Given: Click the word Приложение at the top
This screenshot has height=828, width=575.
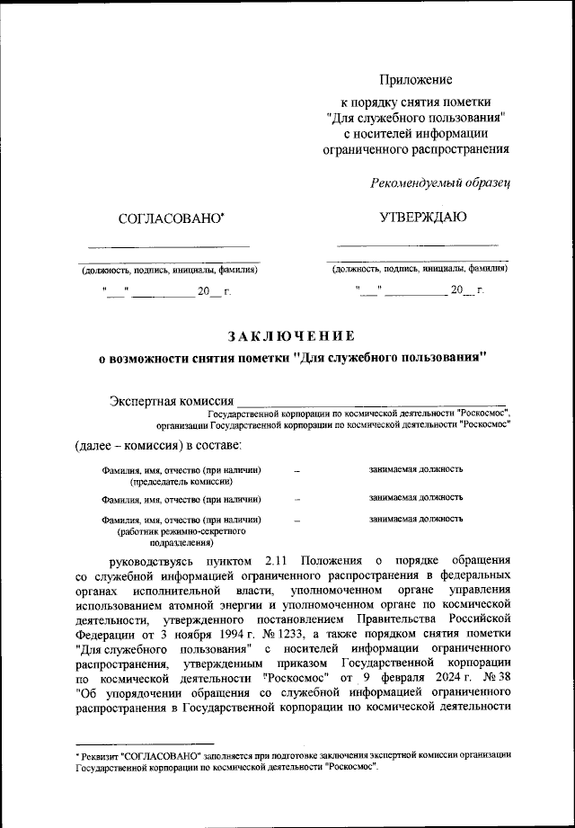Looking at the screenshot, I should (415, 81).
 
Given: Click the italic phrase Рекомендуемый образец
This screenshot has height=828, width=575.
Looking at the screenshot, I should (440, 183).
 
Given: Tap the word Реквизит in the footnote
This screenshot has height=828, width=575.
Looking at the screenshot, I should (100, 755).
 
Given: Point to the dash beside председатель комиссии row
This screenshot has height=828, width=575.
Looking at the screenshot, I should (296, 470).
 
